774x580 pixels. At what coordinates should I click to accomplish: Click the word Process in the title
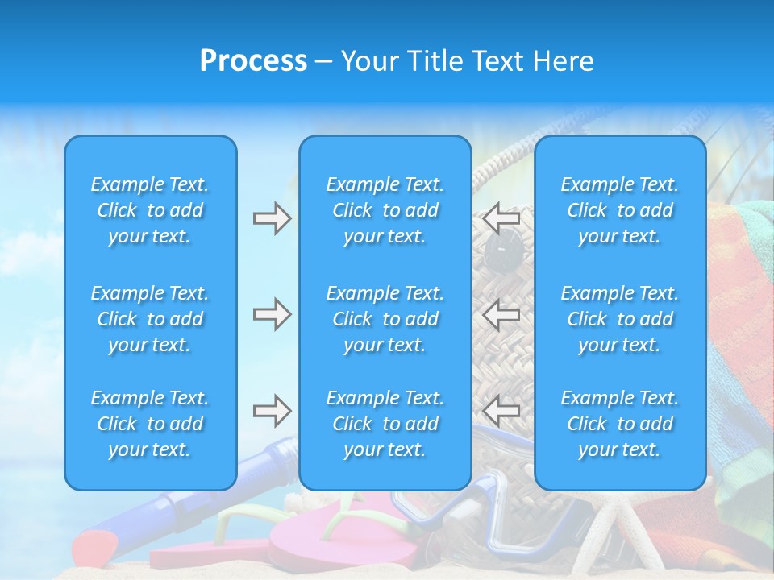253,61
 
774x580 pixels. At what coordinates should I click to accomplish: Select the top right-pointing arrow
273,218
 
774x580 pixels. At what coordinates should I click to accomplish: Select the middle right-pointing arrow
273,315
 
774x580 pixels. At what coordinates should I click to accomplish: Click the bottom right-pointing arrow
273,411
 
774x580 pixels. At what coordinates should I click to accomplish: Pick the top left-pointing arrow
501,218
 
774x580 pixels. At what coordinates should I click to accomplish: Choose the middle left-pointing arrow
501,315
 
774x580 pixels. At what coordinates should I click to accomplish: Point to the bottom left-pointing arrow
501,411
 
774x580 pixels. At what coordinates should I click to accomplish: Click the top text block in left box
150,210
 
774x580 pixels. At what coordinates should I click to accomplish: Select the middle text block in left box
150,319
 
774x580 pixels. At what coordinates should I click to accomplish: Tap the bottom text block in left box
150,424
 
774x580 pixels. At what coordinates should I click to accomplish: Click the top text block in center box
385,210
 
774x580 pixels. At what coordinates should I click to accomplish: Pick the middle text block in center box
385,319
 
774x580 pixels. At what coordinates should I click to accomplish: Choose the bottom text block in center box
385,424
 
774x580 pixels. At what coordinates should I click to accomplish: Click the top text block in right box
619,210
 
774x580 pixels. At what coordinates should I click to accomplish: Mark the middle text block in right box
619,319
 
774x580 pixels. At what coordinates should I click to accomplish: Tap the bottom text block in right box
619,424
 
